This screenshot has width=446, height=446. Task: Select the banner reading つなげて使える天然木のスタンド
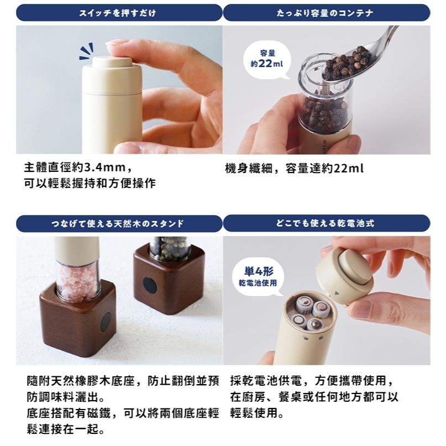119,223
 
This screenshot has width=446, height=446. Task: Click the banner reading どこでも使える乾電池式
326,223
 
